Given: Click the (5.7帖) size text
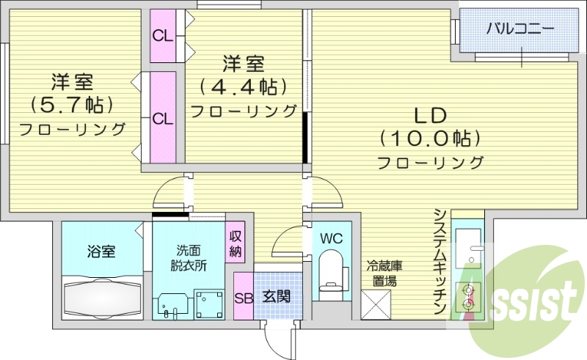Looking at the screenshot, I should [72, 105].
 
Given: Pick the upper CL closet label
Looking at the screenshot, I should [162, 35].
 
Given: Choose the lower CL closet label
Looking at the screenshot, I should [162, 117].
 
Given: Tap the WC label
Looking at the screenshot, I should [332, 239].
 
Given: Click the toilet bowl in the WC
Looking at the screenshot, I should [332, 273].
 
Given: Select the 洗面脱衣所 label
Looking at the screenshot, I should [191, 257].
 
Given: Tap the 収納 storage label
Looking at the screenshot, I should [235, 243].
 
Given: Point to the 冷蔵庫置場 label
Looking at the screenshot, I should [384, 273].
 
